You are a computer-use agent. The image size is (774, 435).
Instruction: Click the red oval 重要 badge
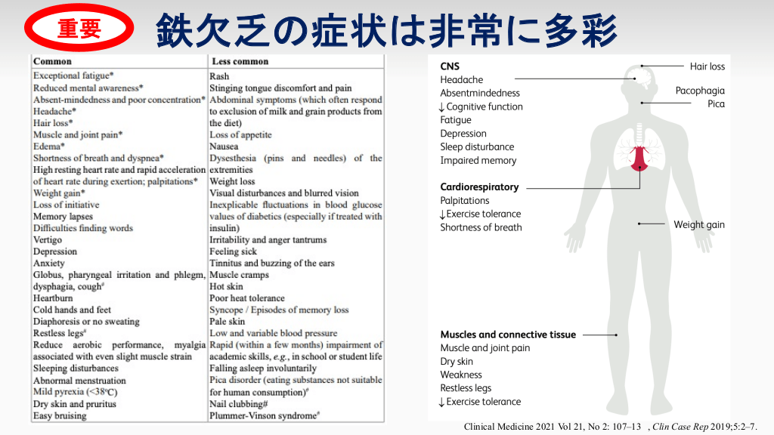pos(79,29)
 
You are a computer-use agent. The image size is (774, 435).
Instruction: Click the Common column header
pos(53,61)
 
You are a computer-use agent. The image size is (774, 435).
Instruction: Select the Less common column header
pos(240,61)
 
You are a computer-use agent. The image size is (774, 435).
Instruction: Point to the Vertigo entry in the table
pos(48,239)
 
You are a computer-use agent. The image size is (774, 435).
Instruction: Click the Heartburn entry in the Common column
pos(53,298)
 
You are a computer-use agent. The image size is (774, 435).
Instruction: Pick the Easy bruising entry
pos(60,415)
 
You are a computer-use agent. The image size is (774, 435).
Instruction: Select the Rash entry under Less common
pos(219,76)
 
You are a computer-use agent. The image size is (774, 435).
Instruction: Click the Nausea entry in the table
pos(224,147)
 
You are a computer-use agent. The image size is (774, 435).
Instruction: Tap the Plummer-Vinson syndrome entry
pos(263,415)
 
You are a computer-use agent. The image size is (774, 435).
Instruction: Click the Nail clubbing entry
pos(237,404)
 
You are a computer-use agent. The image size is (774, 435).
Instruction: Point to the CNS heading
pos(450,66)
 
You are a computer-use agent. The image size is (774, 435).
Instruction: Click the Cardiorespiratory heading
pos(479,187)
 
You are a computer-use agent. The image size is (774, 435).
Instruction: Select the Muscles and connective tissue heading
pos(508,335)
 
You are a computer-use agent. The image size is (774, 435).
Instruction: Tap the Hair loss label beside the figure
pos(707,66)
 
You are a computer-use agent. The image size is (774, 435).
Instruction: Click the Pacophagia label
pos(700,91)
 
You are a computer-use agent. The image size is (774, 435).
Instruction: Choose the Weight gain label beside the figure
pos(699,224)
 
